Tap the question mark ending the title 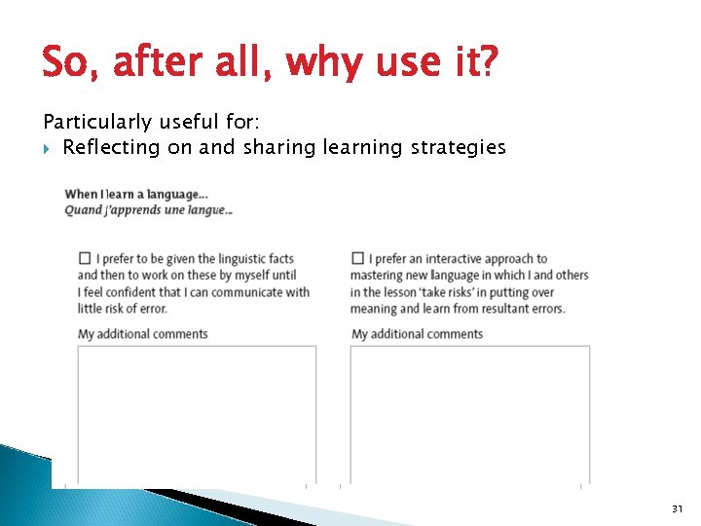click(487, 64)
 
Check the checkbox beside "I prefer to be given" click(85, 258)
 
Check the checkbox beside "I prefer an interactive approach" click(357, 258)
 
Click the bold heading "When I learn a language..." click(136, 195)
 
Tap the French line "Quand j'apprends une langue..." click(148, 209)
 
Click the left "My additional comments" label click(142, 334)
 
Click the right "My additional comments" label click(417, 334)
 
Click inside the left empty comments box click(197, 414)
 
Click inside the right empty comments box click(469, 414)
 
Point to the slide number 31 click(678, 508)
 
